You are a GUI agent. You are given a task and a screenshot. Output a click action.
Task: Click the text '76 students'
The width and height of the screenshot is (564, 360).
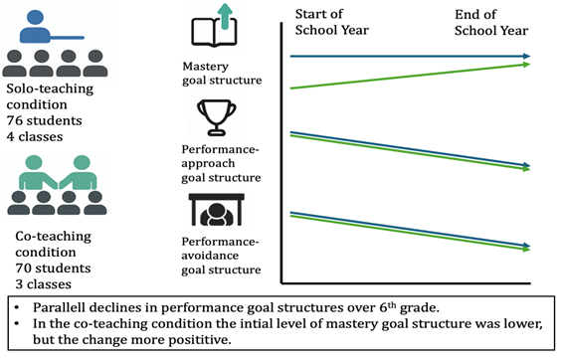pos(46,120)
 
